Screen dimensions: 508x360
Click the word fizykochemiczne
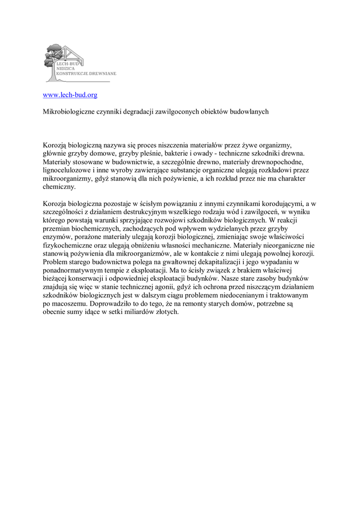[67, 245]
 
